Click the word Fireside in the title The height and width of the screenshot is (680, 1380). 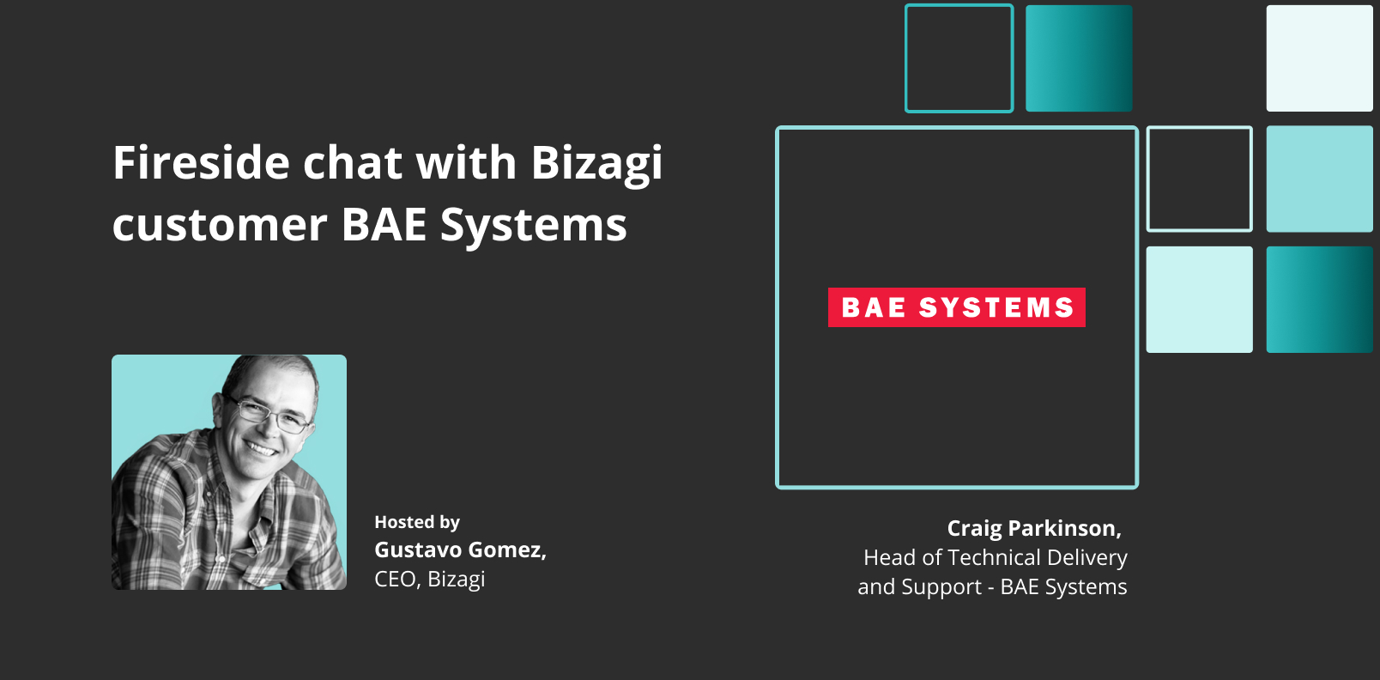point(201,162)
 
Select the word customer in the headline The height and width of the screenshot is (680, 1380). point(220,224)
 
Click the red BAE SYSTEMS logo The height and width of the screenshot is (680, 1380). point(956,307)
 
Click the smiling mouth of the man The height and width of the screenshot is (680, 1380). point(261,448)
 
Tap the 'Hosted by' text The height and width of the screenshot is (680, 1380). point(417,522)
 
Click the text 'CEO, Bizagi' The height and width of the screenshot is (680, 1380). point(429,580)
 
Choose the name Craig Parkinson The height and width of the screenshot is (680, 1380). point(1034,528)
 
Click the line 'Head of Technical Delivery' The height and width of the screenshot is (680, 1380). point(995,557)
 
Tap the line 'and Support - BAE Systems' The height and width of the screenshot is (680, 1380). point(992,587)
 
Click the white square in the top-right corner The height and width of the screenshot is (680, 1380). point(1320,58)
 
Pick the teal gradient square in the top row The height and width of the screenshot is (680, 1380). point(1079,58)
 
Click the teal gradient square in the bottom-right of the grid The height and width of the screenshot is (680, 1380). point(1320,300)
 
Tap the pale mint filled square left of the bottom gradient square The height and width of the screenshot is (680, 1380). point(1200,300)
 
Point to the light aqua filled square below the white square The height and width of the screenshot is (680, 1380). point(1320,179)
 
